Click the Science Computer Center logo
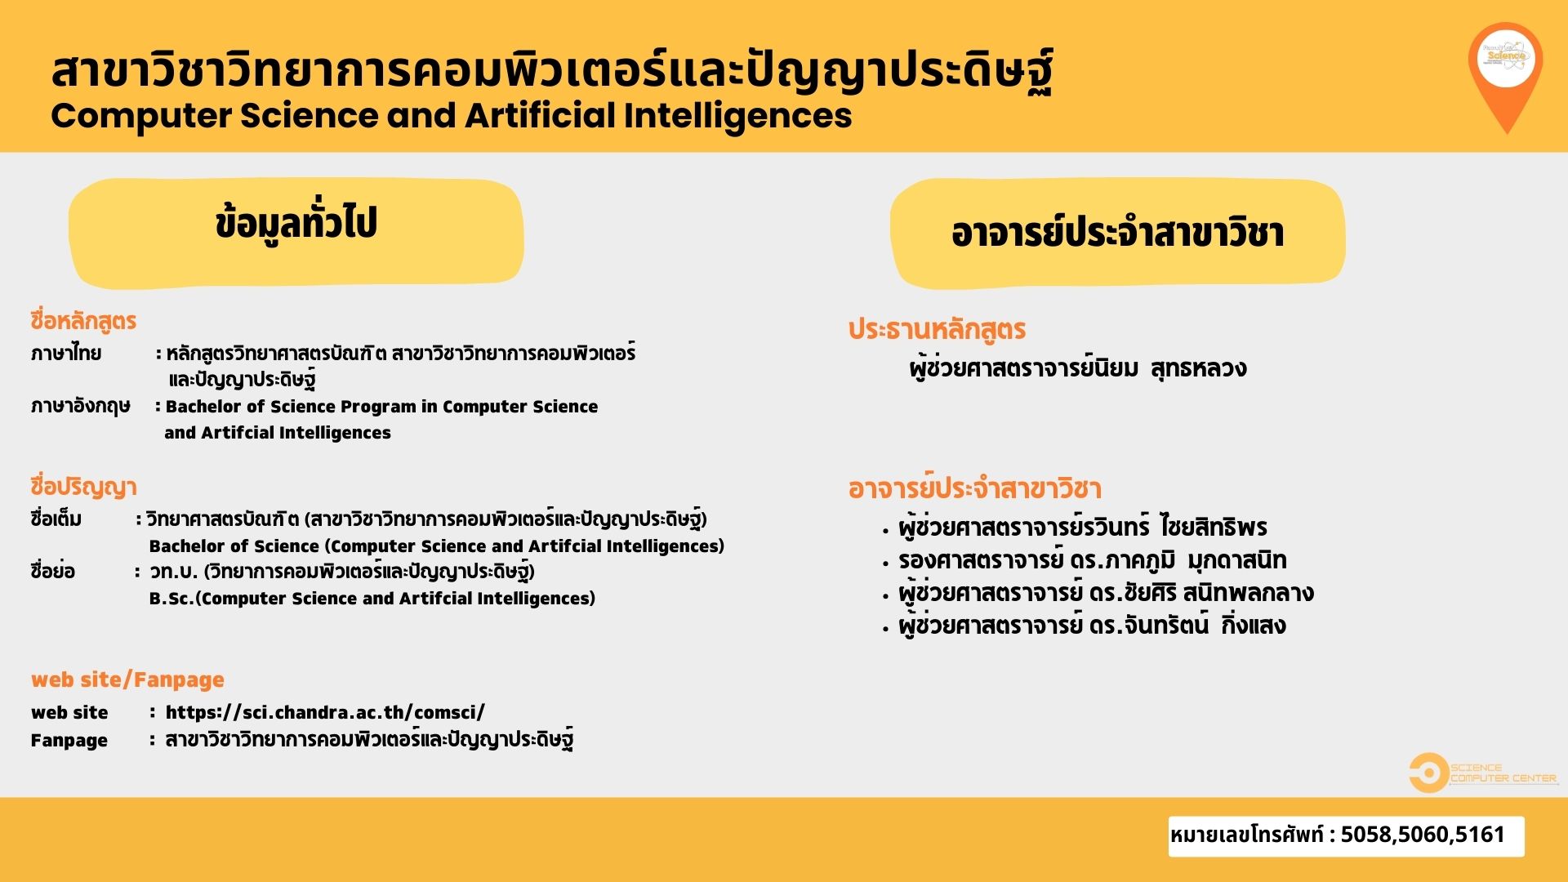1483,773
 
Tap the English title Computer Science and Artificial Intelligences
452,115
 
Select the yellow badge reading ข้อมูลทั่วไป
296,234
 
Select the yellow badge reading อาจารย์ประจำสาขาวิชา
1117,234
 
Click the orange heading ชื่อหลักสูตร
83,321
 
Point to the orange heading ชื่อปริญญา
83,487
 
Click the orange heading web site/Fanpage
127,679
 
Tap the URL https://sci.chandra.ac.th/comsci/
325,712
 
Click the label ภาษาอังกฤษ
80,407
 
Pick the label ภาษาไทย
66,354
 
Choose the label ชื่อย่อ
52,571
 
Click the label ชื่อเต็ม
56,519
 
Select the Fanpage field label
69,741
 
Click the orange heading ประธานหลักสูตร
937,330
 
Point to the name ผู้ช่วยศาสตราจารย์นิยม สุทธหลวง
1078,368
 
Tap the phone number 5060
1420,835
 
